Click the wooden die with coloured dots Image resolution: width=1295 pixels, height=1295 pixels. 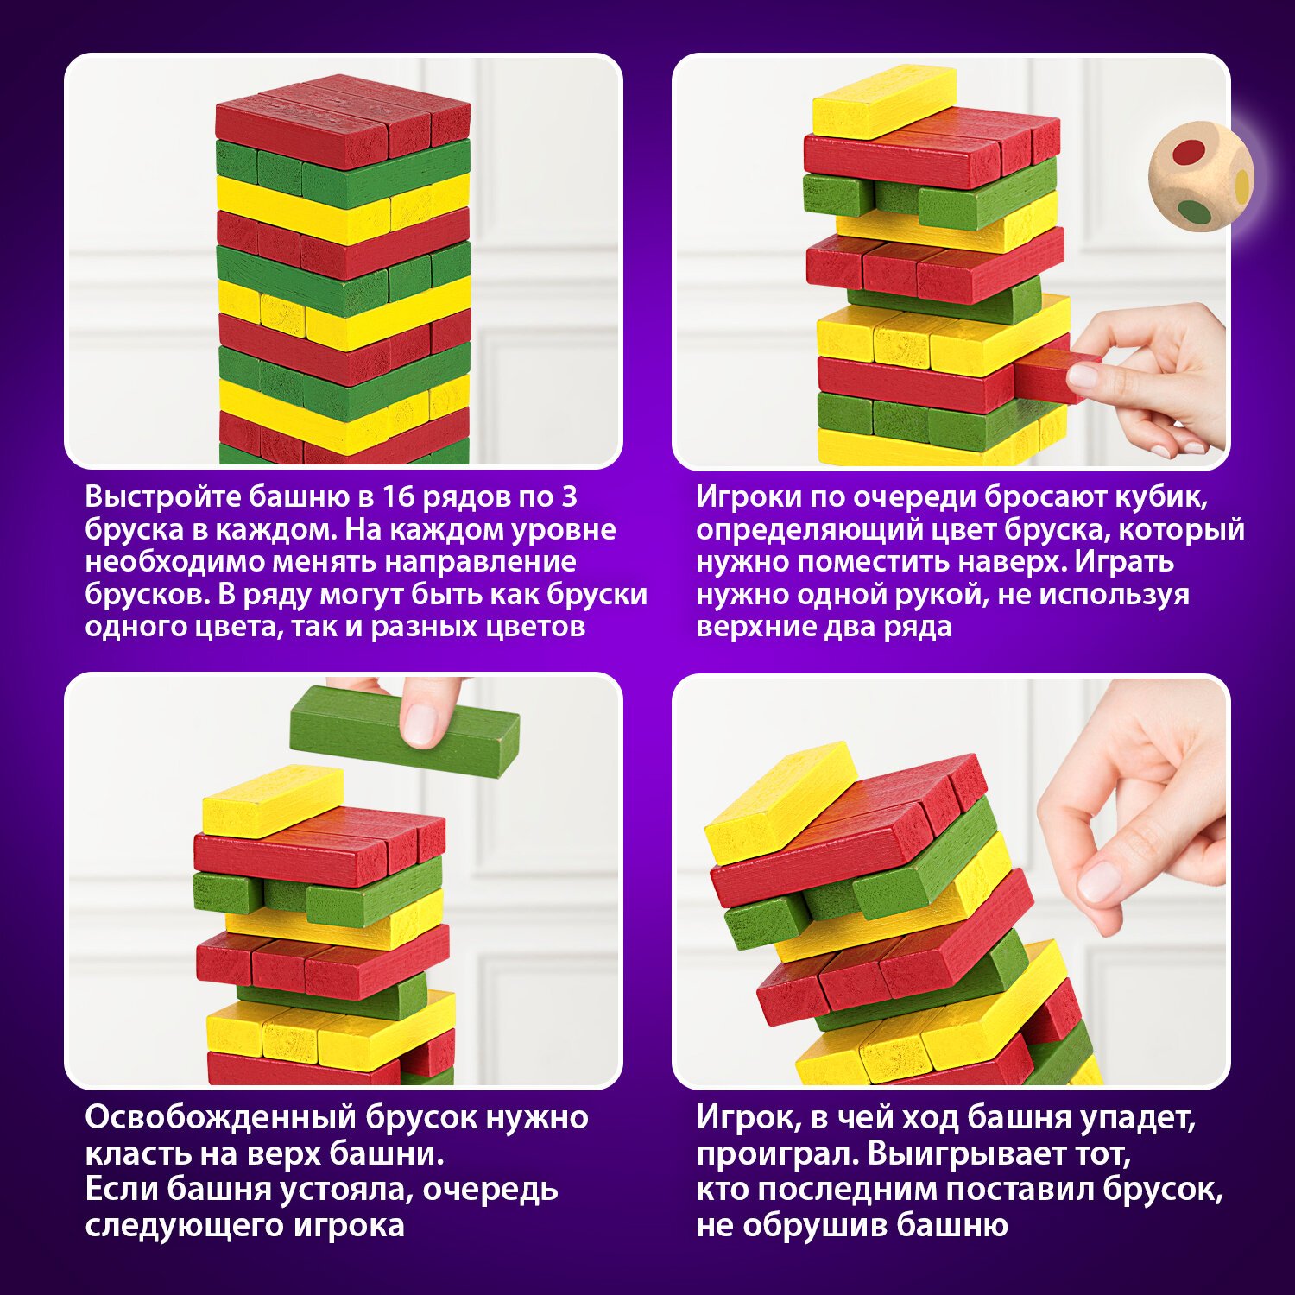[x=1200, y=178]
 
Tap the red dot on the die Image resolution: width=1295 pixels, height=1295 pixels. [x=1189, y=152]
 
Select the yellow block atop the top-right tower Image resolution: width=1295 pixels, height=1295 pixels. [x=884, y=101]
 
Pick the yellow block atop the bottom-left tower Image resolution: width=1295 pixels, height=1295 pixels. [x=272, y=800]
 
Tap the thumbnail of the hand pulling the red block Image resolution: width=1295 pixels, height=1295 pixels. [x=1083, y=376]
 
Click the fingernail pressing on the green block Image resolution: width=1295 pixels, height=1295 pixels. [x=421, y=724]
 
